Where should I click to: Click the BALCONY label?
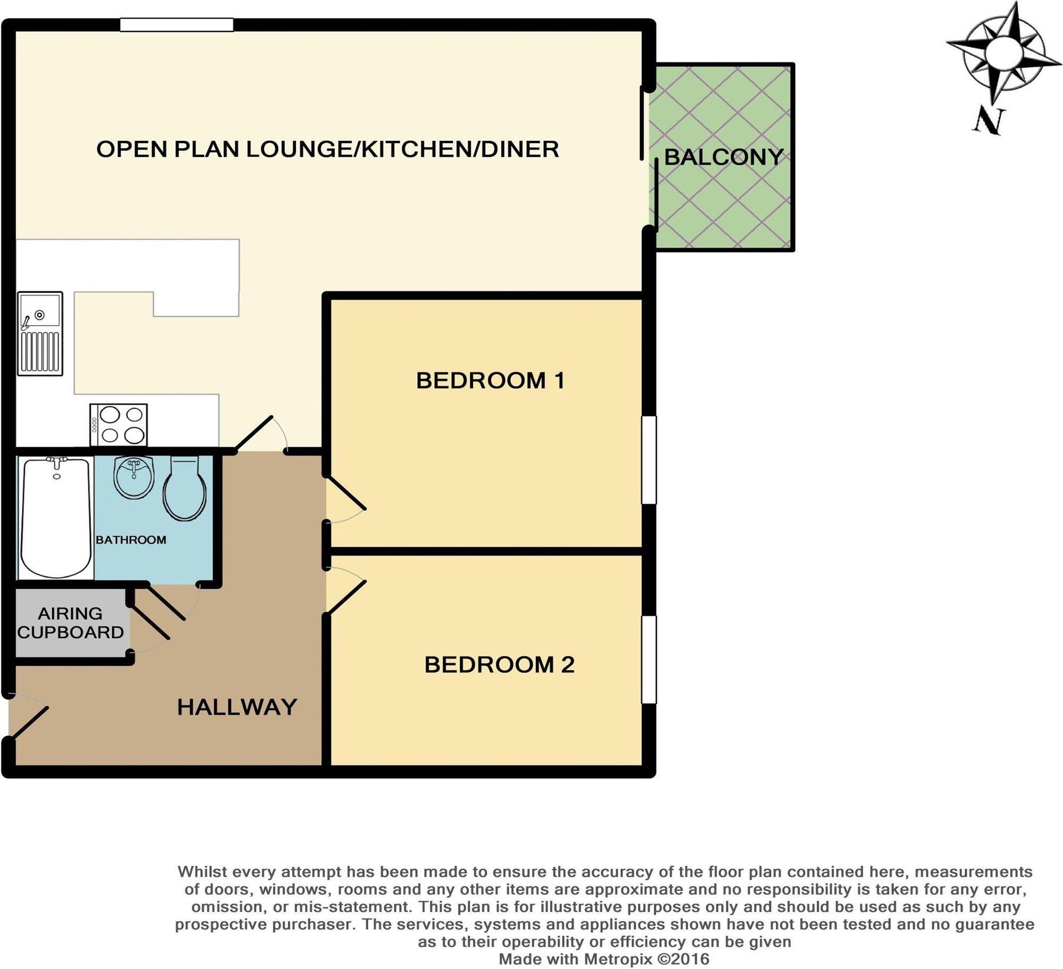[723, 157]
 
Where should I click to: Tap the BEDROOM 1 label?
[490, 381]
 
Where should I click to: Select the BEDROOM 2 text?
[499, 665]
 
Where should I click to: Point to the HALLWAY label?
[237, 707]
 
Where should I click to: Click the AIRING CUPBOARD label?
[70, 623]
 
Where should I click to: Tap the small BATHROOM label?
[131, 540]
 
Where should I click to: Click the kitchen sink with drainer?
[40, 333]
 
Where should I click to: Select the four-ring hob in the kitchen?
[119, 425]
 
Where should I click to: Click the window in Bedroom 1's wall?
[649, 460]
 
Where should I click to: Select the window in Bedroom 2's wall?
[649, 659]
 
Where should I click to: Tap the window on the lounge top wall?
[176, 25]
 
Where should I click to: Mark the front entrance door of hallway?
[29, 722]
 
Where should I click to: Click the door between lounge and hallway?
[254, 434]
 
